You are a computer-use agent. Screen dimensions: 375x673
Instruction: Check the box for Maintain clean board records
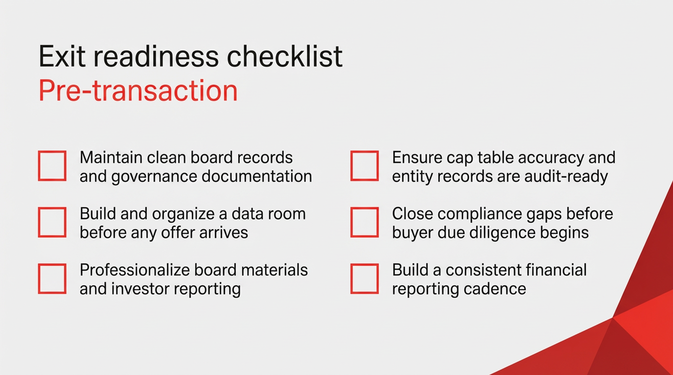52,166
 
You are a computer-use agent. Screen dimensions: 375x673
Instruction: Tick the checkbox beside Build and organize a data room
52,222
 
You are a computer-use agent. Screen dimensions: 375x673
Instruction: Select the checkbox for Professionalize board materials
52,279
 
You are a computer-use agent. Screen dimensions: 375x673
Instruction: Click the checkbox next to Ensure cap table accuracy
365,166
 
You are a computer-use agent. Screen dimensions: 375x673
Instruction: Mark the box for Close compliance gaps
365,222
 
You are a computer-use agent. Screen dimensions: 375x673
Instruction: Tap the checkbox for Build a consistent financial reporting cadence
365,279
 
